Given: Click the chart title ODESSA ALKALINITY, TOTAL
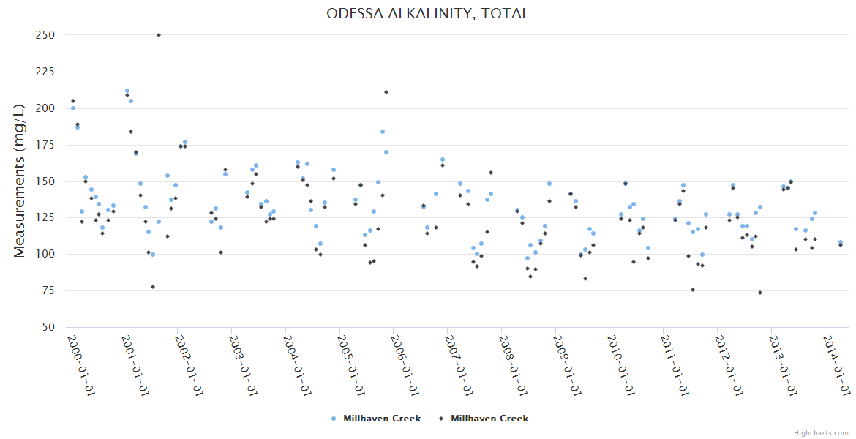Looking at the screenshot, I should tap(428, 13).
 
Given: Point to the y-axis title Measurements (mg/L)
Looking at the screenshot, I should tap(20, 181).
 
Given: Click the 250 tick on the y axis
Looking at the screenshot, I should tap(45, 35).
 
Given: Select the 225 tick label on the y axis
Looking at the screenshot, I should tap(45, 72).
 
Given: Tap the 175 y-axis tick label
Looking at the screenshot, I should tap(45, 145).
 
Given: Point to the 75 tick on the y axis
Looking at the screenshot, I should tap(48, 291).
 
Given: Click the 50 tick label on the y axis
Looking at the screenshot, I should tap(48, 328).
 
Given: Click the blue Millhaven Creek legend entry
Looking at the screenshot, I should tap(376, 419).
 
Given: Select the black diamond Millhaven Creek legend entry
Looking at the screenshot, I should tap(484, 419).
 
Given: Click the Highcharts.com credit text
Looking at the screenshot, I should tap(821, 433).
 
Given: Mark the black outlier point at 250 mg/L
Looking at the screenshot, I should tap(159, 35).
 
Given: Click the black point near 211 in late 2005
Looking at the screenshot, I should tap(386, 92).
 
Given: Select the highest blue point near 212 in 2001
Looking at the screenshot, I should tap(127, 91).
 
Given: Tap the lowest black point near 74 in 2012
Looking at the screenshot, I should tap(760, 293).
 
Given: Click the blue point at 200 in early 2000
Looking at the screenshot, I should tap(72, 108).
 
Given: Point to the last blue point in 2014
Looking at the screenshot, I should tap(841, 242).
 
